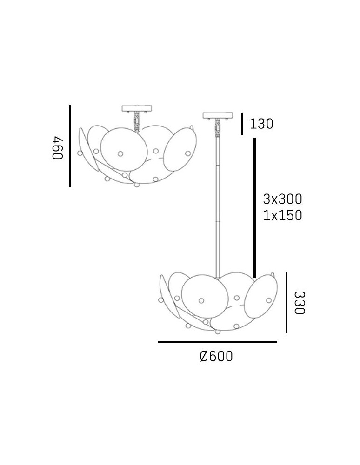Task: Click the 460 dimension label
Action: tap(58, 148)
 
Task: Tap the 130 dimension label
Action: tap(261, 124)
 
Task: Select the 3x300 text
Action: tap(282, 199)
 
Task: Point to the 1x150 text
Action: tap(282, 215)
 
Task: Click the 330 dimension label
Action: tap(300, 303)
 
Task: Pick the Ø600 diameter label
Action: tap(216, 356)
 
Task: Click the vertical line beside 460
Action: tap(70, 146)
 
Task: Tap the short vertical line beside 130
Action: tap(242, 124)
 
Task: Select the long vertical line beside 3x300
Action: tap(254, 207)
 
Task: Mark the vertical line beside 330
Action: tap(286, 303)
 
